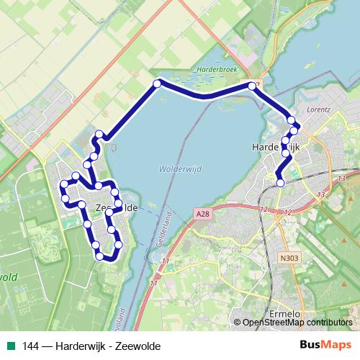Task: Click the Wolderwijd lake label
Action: pos(171,169)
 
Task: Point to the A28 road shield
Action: pos(204,214)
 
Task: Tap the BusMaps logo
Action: pos(329,346)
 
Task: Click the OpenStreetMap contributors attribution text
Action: pos(297,323)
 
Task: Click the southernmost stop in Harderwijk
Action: pos(280,183)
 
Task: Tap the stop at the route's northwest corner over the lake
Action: pos(157,84)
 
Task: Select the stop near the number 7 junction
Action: pos(253,86)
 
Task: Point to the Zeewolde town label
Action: pos(115,207)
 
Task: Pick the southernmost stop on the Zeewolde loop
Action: pos(99,256)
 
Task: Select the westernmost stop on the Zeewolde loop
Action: pos(63,189)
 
